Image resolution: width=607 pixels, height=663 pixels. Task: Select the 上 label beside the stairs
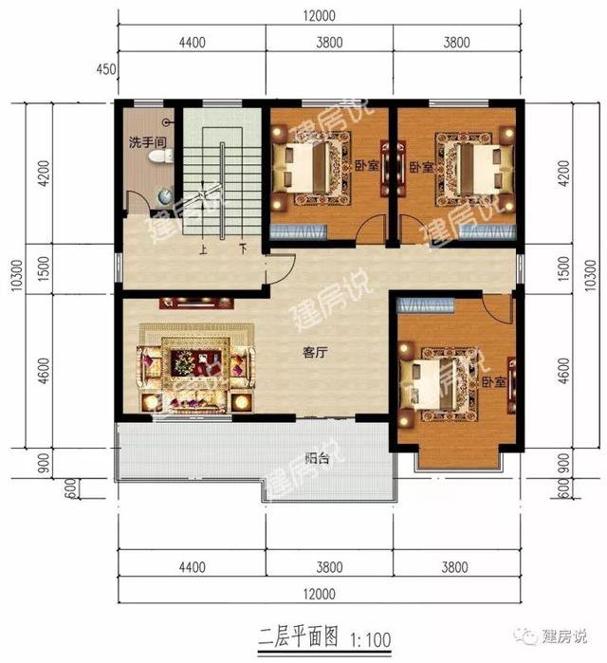point(203,250)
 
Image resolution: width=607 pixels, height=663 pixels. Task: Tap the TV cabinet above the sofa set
point(196,304)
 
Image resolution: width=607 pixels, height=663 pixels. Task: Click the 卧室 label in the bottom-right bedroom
point(492,381)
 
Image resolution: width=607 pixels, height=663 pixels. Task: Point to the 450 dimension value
point(106,68)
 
